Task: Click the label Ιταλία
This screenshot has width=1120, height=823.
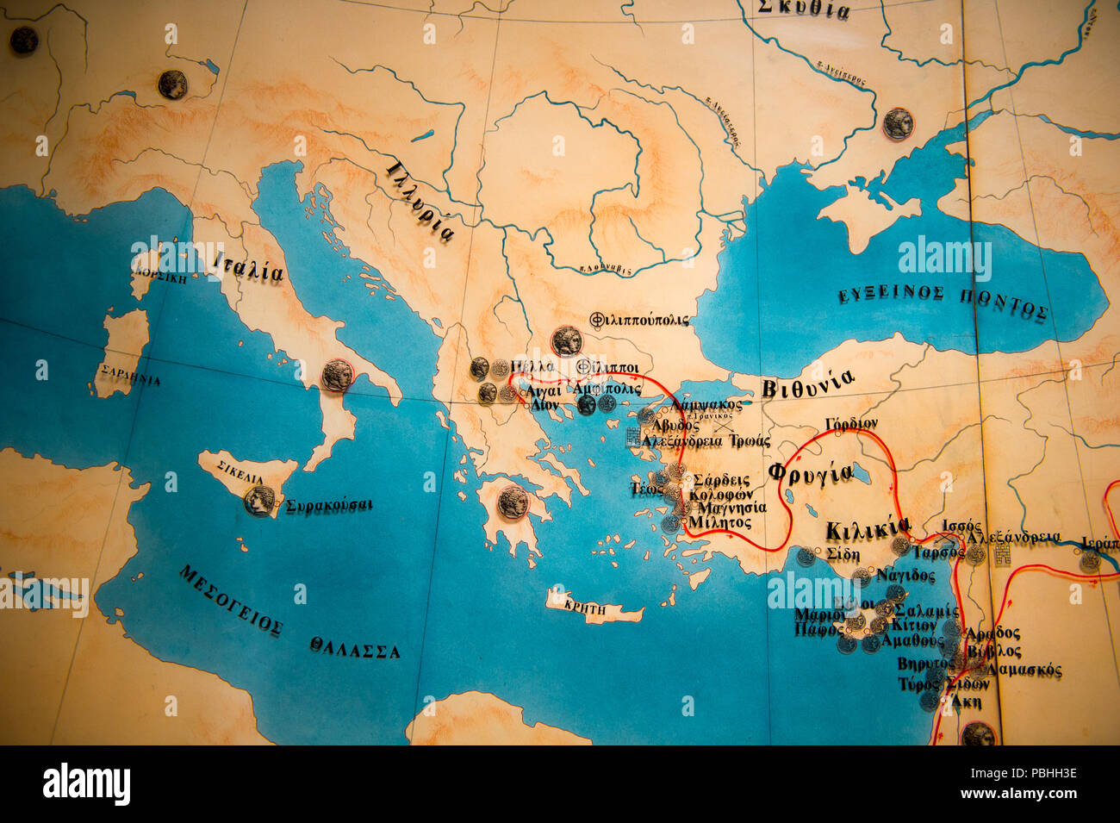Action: [x=248, y=268]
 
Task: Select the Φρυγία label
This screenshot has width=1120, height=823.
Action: [x=810, y=473]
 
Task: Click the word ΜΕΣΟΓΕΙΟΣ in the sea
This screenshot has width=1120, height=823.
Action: [x=230, y=599]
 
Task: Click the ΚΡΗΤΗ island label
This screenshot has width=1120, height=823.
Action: [x=586, y=608]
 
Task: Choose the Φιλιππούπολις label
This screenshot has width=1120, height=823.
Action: [x=639, y=320]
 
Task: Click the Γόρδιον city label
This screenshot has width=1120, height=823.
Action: [x=851, y=423]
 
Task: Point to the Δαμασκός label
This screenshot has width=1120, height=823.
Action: [x=1024, y=670]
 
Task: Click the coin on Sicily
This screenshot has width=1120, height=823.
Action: [x=258, y=500]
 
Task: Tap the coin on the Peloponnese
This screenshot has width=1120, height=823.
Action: [x=513, y=502]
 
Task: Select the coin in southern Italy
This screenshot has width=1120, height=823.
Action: [x=337, y=375]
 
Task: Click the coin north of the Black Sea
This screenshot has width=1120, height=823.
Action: [x=897, y=123]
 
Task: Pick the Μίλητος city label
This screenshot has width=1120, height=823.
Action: [x=715, y=522]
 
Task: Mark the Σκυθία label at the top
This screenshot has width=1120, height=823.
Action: [x=803, y=9]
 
